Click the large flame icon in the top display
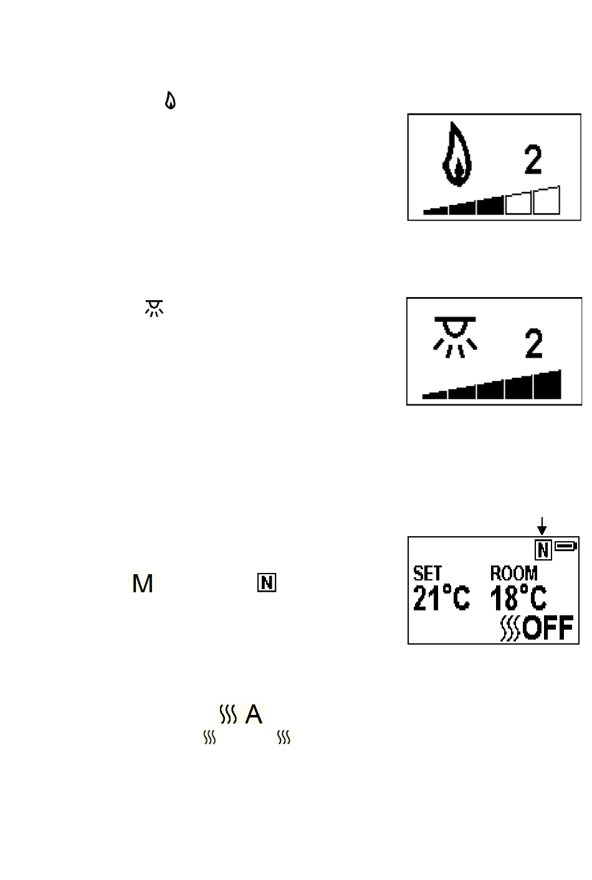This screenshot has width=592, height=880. pos(457,155)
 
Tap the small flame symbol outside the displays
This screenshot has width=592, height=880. pos(170,100)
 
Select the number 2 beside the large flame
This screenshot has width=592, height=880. pos(533,160)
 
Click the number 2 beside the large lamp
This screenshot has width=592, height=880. pos(533,343)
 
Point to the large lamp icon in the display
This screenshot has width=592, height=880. pos(455,337)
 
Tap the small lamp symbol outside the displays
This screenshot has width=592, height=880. pos(154,308)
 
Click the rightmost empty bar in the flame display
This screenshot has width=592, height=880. pos(547,201)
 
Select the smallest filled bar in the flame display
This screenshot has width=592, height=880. pos(435,211)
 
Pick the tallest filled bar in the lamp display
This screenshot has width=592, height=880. pos(547,385)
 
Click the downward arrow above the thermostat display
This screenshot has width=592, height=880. pos(542,526)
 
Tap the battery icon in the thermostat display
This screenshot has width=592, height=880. pos(566,546)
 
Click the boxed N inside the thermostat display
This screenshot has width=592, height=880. pos(543,549)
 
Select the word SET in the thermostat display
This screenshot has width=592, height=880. pos(427,573)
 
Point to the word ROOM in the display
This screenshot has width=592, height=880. pos(513,573)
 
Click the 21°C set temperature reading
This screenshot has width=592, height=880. pos(441,598)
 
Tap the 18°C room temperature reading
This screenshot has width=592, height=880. pos(518,598)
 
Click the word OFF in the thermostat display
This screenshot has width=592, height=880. pos(548,628)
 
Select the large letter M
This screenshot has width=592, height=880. pos(143,584)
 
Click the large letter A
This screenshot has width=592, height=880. pos(254,714)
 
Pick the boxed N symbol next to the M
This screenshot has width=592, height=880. pos(267,583)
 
